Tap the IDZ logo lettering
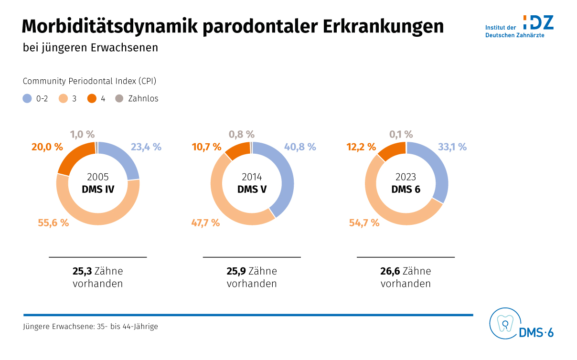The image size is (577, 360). click(538, 22)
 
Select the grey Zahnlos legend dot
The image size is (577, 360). click(119, 99)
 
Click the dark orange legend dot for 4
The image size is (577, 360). click(92, 99)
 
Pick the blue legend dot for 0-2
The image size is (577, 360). click(27, 99)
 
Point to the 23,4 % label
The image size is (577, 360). click(146, 147)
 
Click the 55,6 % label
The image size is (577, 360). click(53, 222)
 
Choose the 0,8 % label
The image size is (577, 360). click(242, 135)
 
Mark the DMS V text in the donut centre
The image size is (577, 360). click(252, 189)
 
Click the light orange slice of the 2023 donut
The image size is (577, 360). click(382, 205)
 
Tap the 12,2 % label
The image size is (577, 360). click(361, 147)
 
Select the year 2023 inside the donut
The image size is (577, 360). click(406, 177)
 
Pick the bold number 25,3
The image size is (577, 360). click(82, 272)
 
